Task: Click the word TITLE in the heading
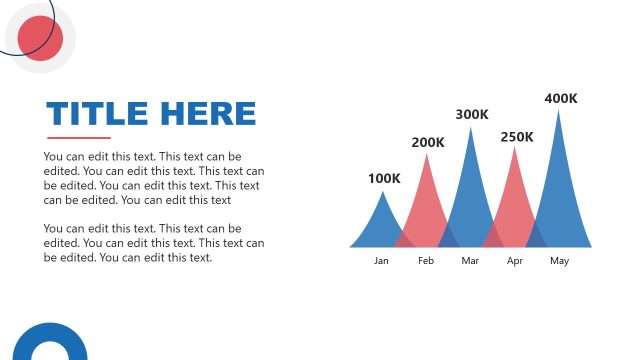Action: click(95, 113)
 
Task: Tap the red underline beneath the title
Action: click(79, 138)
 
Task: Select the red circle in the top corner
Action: click(41, 38)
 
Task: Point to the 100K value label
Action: click(384, 179)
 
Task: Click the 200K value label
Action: click(428, 143)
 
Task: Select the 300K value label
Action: click(472, 115)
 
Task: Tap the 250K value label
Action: click(517, 137)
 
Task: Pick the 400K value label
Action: click(561, 98)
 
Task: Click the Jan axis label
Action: click(381, 261)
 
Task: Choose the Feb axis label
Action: click(426, 261)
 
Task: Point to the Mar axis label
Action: click(471, 261)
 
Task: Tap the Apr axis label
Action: click(515, 261)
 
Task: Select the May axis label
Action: click(559, 261)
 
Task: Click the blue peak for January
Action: click(381, 225)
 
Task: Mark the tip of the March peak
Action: click(471, 129)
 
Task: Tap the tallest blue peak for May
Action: click(559, 180)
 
